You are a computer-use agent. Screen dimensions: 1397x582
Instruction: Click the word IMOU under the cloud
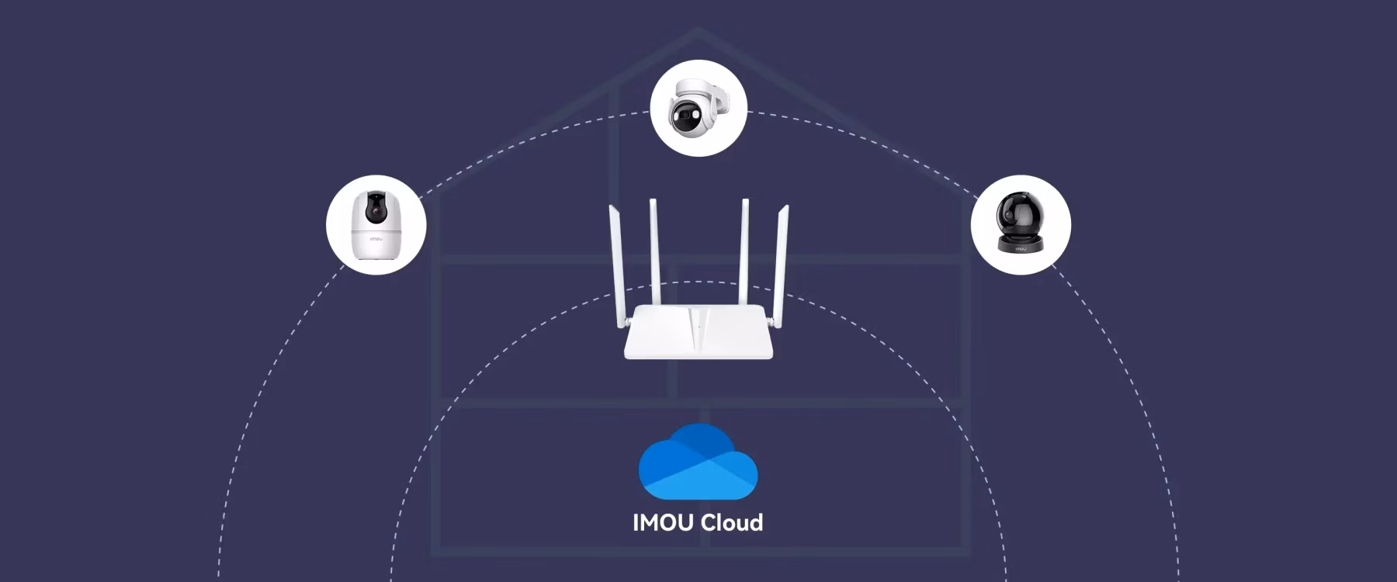pos(664,522)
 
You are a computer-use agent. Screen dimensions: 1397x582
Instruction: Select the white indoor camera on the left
pos(376,224)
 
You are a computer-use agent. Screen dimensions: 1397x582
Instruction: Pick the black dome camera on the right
pos(1021,222)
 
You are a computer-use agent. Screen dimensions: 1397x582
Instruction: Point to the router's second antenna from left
pos(656,252)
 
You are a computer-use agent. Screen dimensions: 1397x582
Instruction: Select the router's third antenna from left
pos(743,252)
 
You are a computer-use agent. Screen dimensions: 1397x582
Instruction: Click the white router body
pos(698,332)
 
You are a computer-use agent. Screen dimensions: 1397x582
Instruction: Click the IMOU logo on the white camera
pos(376,240)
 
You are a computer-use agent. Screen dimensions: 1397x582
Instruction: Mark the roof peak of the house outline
pos(698,29)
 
